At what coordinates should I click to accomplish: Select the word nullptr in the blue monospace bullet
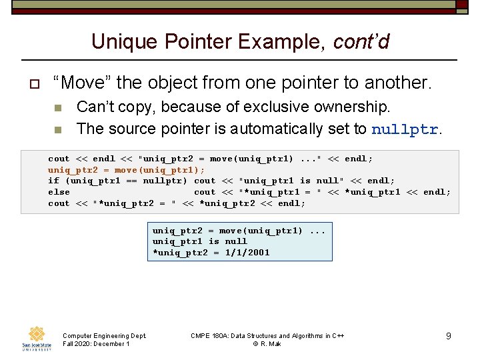[x=404, y=129]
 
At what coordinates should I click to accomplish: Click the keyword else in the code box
[x=59, y=192]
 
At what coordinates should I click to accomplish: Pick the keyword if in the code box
[x=53, y=181]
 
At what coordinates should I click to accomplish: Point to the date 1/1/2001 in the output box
[x=247, y=253]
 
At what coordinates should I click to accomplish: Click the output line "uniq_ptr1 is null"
[x=199, y=241]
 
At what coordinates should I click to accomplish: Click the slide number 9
[x=449, y=336]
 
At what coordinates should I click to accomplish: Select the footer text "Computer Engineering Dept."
[x=104, y=335]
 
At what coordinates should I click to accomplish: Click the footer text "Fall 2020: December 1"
[x=95, y=344]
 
